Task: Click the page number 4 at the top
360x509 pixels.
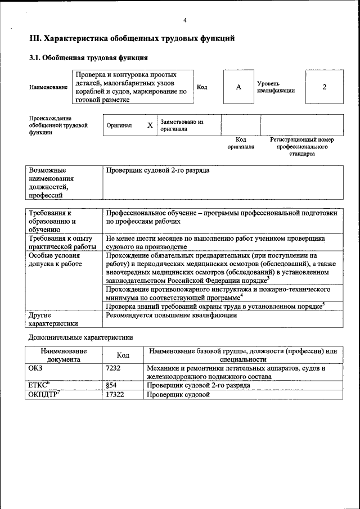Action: [184, 21]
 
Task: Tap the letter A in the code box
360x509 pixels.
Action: [238, 87]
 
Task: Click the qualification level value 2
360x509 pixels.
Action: [324, 87]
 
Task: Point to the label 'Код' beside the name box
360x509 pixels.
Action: [202, 87]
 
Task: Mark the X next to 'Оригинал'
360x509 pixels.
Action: [150, 125]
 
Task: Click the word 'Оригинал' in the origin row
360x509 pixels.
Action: [119, 125]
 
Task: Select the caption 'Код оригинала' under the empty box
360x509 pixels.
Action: [241, 143]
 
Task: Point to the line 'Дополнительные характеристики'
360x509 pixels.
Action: [80, 338]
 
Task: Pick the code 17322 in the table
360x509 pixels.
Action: [115, 395]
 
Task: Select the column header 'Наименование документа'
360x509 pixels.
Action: [64, 355]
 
